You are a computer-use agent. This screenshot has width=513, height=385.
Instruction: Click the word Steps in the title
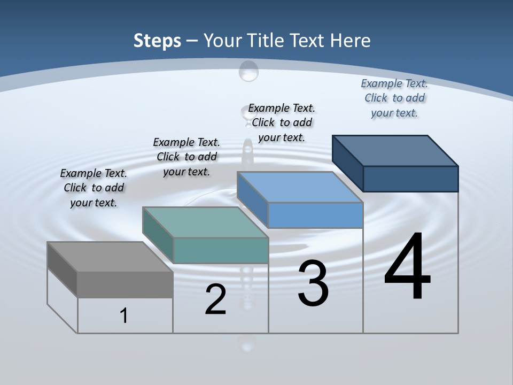(x=157, y=41)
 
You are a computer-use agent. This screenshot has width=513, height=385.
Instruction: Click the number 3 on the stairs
(x=313, y=283)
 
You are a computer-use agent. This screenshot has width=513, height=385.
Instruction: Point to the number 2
(x=215, y=299)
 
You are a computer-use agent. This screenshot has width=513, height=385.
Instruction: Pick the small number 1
(x=124, y=315)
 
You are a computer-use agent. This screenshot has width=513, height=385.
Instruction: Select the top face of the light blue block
(x=300, y=187)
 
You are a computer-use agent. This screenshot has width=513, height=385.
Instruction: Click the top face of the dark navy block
(x=395, y=151)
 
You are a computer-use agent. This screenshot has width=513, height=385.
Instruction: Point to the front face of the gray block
(x=125, y=284)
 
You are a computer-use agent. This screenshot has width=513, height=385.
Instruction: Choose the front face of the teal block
(x=221, y=250)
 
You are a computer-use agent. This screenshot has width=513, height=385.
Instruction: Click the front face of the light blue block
(x=315, y=215)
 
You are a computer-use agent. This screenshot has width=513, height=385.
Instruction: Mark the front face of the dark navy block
(x=410, y=179)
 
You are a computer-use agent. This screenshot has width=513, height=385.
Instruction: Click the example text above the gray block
(x=94, y=188)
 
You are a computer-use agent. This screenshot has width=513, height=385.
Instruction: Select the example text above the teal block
(x=186, y=157)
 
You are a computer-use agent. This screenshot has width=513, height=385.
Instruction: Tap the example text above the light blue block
(x=282, y=122)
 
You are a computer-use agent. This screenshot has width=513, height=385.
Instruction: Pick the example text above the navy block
(x=394, y=98)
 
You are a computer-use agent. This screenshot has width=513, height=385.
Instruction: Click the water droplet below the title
(x=248, y=71)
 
